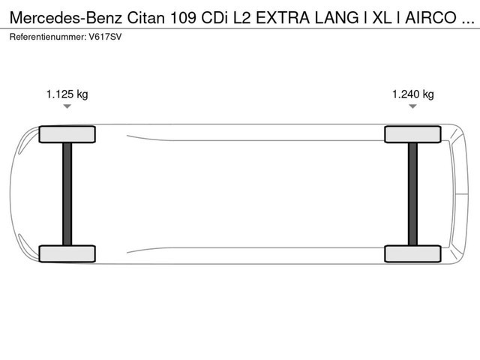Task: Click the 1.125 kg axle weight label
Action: (x=67, y=94)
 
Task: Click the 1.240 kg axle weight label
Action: (x=412, y=94)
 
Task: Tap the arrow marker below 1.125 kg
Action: (x=67, y=107)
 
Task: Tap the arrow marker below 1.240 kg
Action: (x=412, y=107)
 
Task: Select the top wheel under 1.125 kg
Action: (x=67, y=134)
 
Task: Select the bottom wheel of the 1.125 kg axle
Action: (x=67, y=253)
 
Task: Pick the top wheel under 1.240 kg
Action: (x=412, y=134)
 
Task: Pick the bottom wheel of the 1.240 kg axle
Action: (x=412, y=253)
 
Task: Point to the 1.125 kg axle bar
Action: (x=67, y=193)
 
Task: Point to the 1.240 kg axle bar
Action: (x=412, y=193)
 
